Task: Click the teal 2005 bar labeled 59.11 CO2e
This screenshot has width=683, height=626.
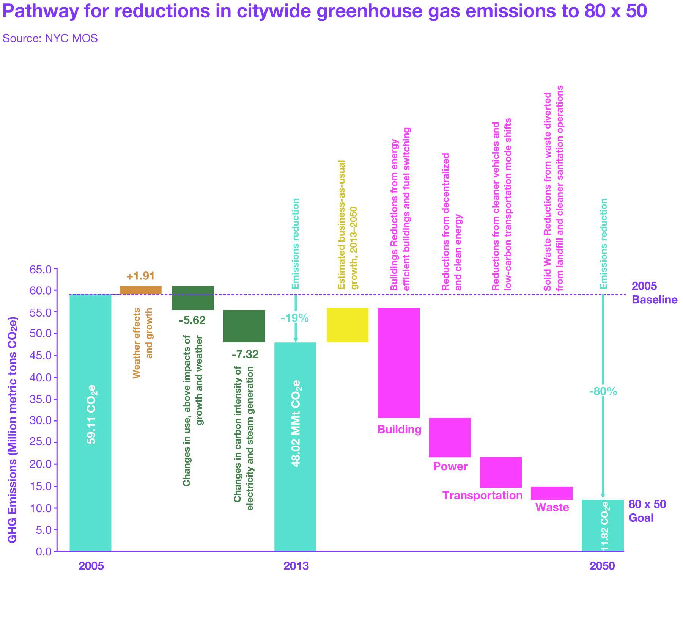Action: tap(90, 423)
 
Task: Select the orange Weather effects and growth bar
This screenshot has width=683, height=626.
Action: tap(140, 290)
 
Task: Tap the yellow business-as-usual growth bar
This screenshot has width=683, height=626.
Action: tap(347, 325)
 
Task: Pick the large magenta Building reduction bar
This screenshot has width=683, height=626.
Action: tap(399, 362)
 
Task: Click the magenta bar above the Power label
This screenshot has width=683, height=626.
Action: tap(450, 437)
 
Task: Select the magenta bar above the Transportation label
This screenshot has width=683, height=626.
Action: tap(500, 472)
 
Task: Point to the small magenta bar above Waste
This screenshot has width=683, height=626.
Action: tap(551, 493)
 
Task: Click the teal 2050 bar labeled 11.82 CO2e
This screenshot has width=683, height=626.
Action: tap(603, 525)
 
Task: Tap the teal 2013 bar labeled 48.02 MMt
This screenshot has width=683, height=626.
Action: tap(295, 447)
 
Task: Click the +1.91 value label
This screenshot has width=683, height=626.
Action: tap(140, 276)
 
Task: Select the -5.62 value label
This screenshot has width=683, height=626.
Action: tap(192, 320)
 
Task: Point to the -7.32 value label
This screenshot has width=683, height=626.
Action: tap(245, 354)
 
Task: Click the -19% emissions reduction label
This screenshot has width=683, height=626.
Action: tap(294, 318)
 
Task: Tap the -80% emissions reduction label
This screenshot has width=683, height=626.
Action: tap(603, 391)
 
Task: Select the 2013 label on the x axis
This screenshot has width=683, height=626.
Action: tap(296, 566)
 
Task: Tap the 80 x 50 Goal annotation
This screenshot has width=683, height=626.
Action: tap(647, 511)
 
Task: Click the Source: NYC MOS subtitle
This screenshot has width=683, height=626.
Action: tap(50, 38)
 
